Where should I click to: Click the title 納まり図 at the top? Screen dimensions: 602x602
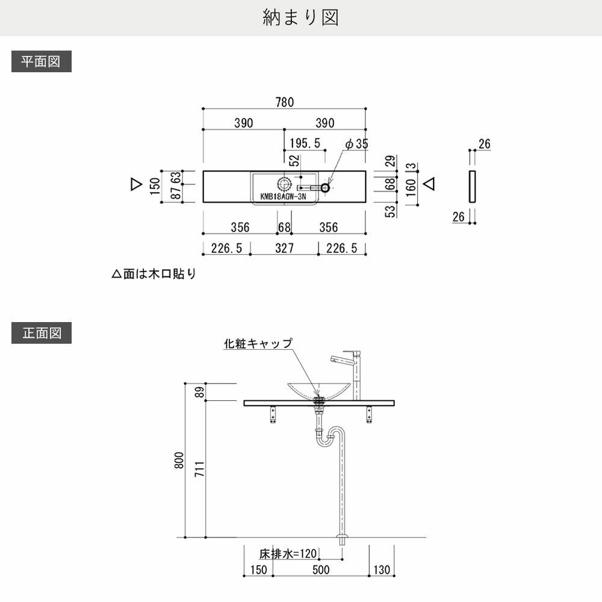pos(301,18)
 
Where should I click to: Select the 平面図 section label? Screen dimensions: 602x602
pos(41,62)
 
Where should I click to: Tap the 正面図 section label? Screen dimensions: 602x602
pos(41,333)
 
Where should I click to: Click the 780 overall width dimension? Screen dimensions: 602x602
pos(285,102)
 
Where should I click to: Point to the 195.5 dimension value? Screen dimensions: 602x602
pos(305,143)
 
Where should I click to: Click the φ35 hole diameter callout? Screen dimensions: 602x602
pos(356,144)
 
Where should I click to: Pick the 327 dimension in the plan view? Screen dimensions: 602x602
pos(284,248)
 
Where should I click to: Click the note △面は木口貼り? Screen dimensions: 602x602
pos(154,275)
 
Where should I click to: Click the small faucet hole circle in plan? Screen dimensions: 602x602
pos(326,188)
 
